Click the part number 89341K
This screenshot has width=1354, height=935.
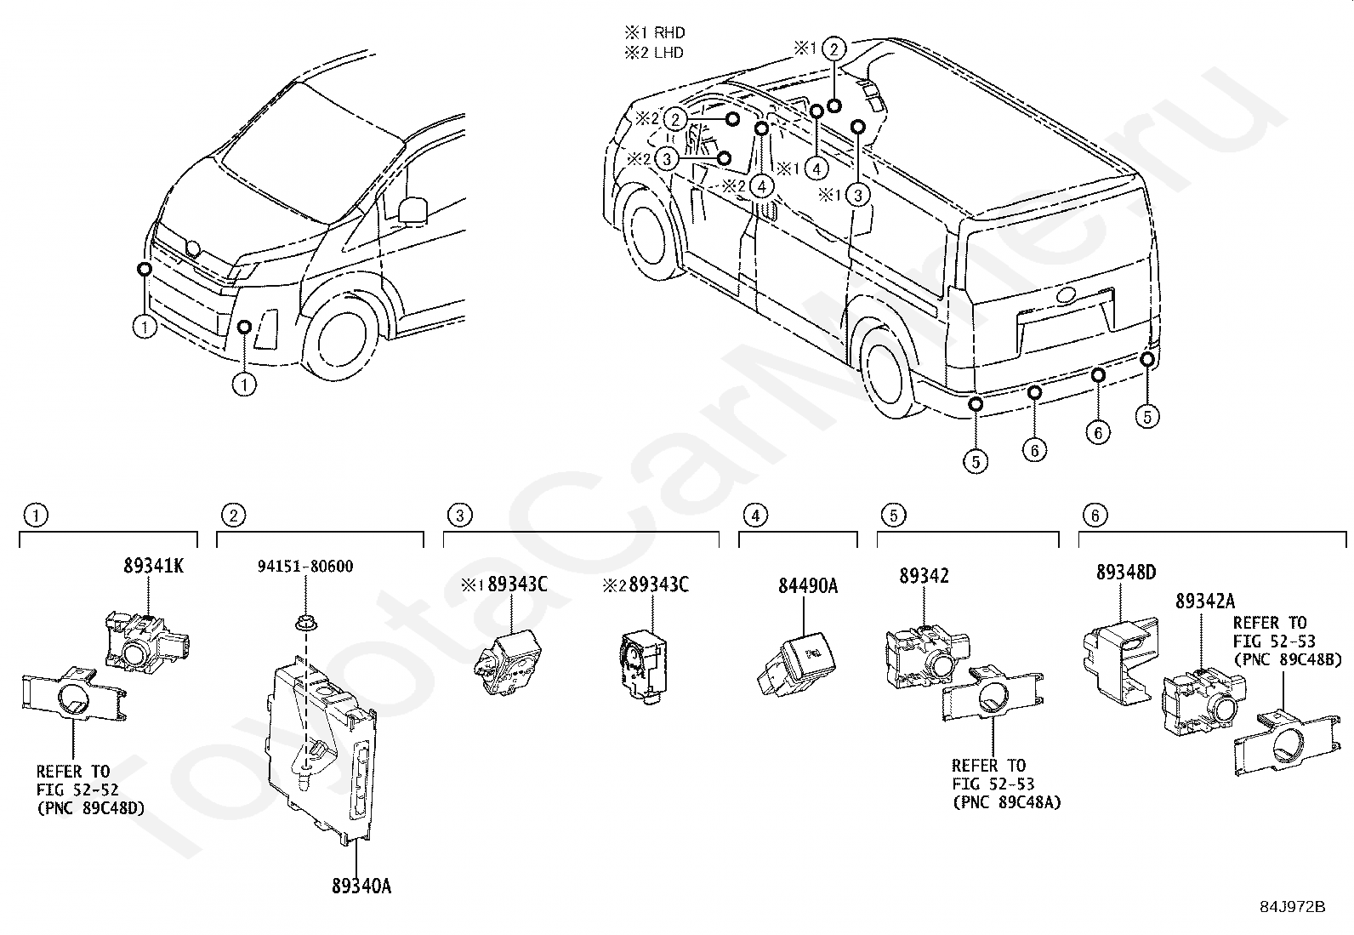point(154,566)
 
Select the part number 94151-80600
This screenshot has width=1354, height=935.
point(305,566)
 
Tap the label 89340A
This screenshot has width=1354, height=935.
point(361,886)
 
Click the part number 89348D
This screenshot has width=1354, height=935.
point(1126,572)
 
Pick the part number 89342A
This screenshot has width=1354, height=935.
point(1204,601)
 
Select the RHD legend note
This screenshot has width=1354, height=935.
point(655,32)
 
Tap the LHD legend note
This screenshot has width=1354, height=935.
point(654,53)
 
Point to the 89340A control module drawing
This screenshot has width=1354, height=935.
point(321,749)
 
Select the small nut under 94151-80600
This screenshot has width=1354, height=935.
point(304,622)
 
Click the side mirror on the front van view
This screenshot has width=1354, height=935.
point(412,210)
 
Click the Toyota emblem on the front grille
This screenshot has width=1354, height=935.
point(193,248)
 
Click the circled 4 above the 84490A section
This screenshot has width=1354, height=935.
point(755,516)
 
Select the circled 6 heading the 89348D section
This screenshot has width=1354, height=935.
point(1095,516)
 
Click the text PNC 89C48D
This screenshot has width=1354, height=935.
point(91,808)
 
